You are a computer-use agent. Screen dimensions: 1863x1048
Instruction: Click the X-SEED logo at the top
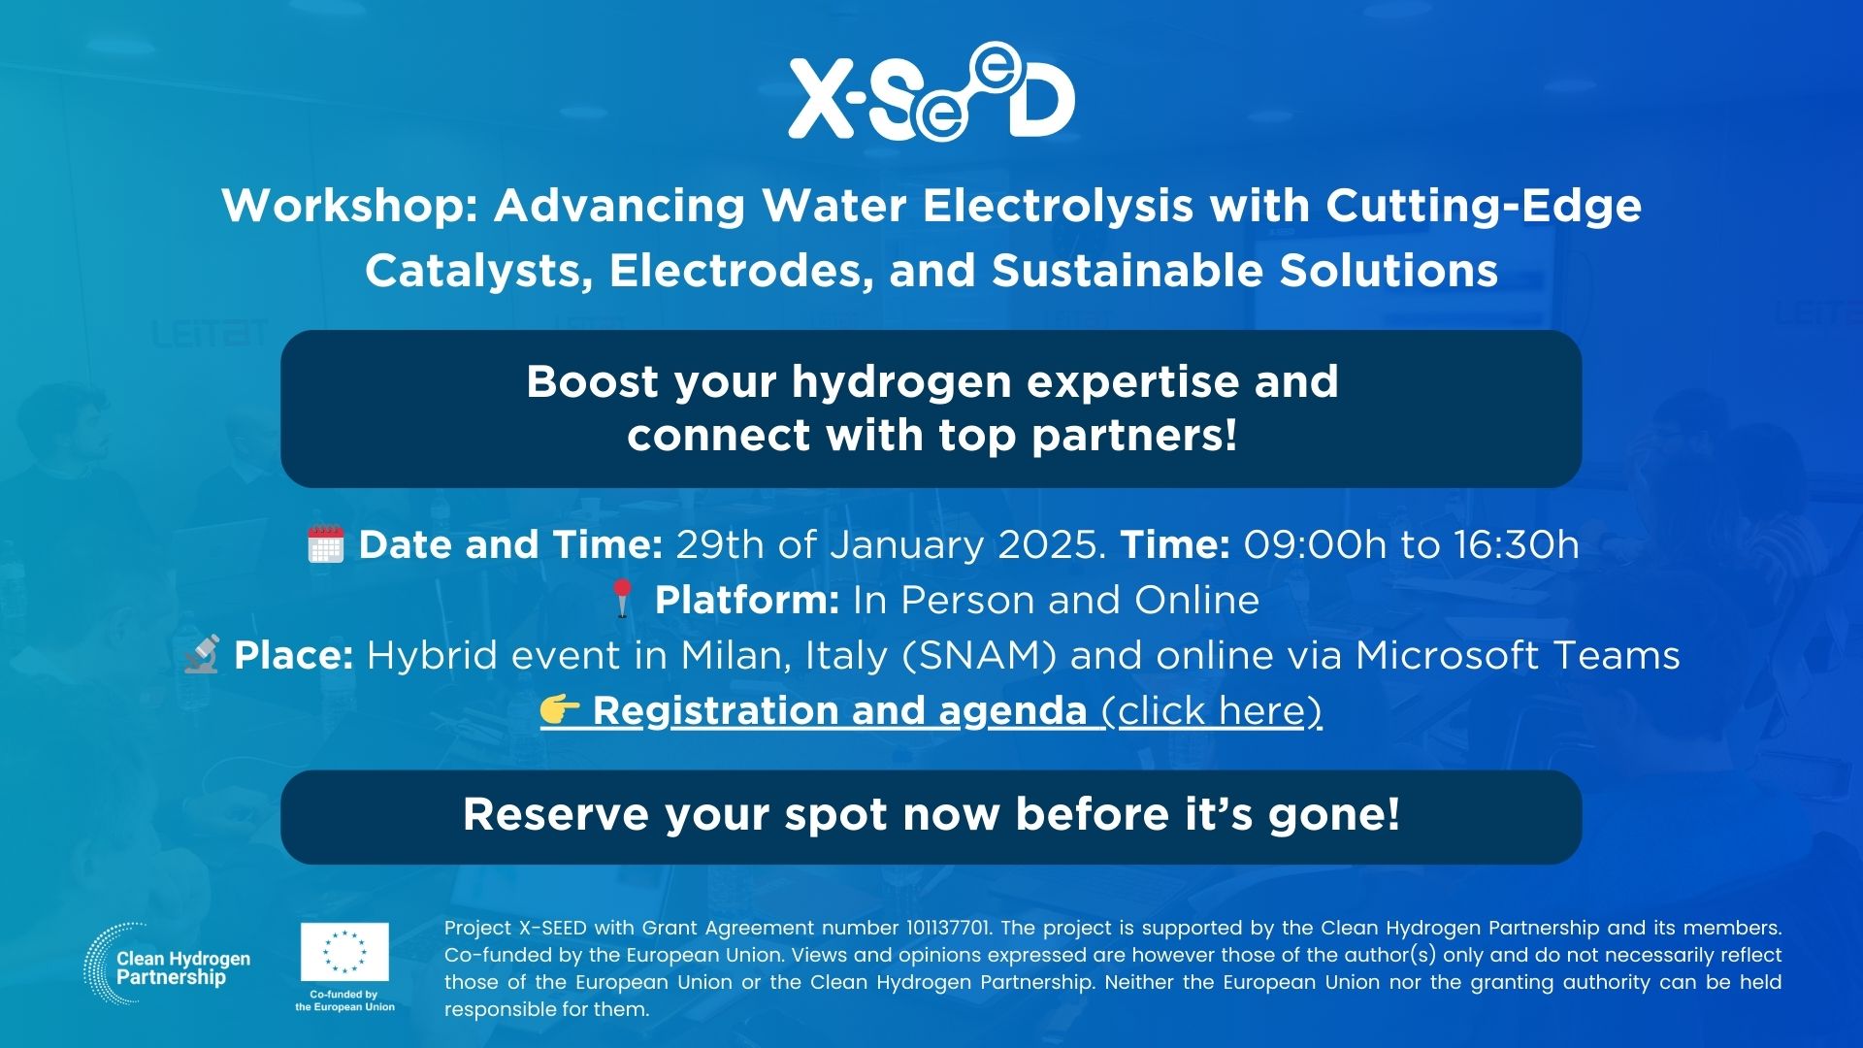[931, 92]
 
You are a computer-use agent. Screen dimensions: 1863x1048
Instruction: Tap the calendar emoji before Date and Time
[326, 544]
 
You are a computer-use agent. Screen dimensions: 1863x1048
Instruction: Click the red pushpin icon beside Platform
[622, 599]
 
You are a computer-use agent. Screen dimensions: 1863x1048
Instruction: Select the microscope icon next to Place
[202, 655]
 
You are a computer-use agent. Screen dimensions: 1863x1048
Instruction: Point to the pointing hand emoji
[560, 710]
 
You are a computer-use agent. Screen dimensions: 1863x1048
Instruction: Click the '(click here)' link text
[1212, 711]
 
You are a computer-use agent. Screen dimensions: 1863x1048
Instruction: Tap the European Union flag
[344, 952]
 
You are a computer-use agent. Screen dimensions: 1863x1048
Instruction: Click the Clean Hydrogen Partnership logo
[167, 964]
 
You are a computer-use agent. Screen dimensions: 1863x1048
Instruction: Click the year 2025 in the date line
[1053, 544]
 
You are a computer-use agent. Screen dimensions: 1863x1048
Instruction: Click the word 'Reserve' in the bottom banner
[555, 814]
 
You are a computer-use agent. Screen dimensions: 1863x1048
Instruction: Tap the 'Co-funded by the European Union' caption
[345, 1000]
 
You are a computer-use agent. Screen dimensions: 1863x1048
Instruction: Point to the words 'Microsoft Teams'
[1518, 656]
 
